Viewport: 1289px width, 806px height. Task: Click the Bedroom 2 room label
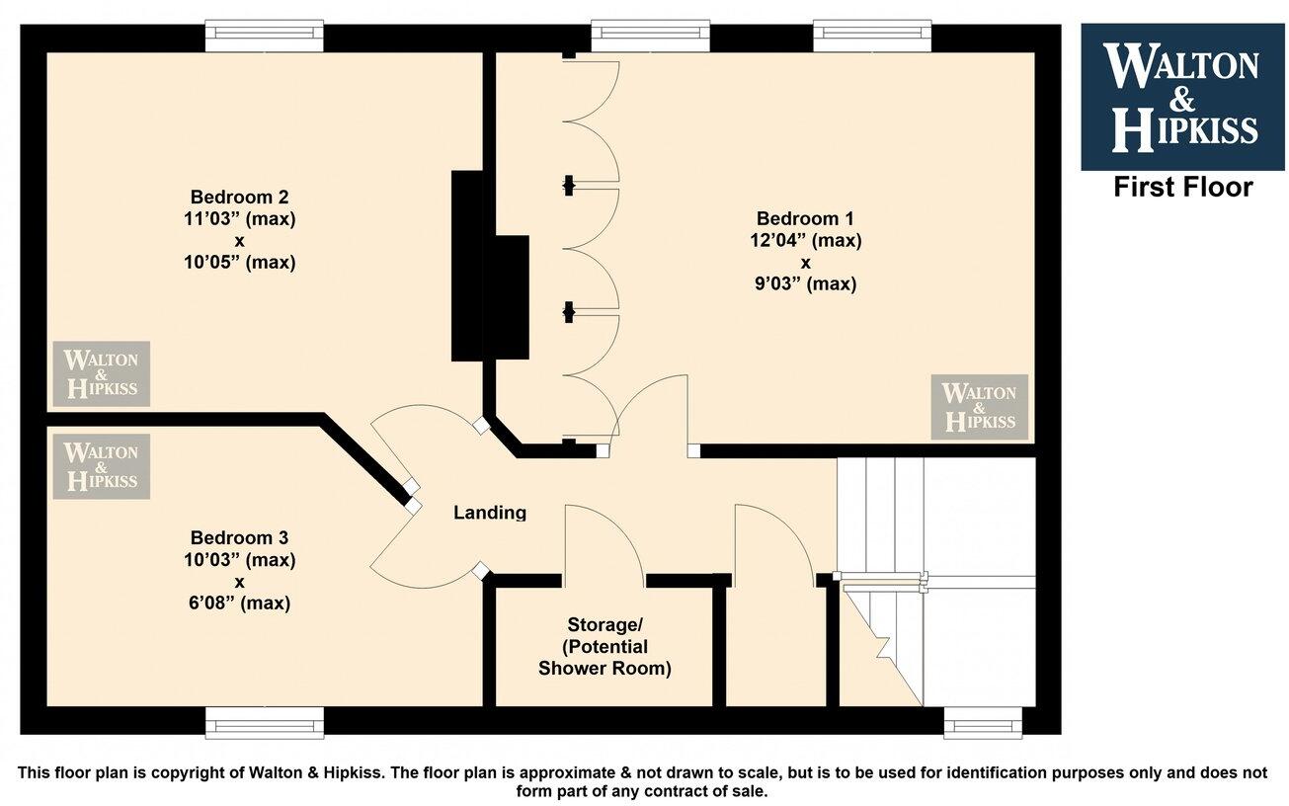pos(239,196)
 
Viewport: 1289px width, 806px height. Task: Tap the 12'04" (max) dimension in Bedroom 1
pos(805,240)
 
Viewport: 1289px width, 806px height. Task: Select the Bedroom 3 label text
pos(239,538)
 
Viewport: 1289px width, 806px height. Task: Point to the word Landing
pos(490,513)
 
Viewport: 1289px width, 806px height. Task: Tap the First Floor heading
pos(1183,187)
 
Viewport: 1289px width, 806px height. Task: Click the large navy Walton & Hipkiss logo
pos(1183,97)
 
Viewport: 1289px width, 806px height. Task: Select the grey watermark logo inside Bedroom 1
pos(979,407)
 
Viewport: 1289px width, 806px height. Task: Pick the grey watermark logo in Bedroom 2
pos(101,373)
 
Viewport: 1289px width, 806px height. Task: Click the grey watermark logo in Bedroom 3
pos(101,465)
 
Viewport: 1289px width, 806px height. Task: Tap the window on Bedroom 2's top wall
pos(264,37)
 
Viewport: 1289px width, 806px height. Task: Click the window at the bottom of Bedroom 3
pos(264,723)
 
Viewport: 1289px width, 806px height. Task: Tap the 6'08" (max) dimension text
pos(239,603)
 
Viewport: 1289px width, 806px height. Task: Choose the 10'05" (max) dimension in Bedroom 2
pos(239,263)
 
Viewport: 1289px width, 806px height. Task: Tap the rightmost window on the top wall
pos(872,37)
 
